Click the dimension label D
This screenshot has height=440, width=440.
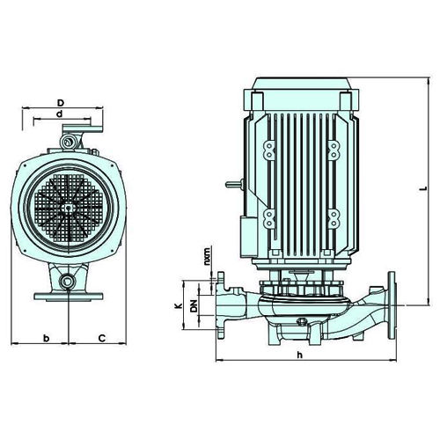(60, 103)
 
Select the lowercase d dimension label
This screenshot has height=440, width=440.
(60, 114)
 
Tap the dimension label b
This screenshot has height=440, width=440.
(46, 338)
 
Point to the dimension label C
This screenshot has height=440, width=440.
(101, 338)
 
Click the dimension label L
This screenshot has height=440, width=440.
(422, 188)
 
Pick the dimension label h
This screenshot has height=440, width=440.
(299, 355)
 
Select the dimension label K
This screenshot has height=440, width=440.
(178, 305)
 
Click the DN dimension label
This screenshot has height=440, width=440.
(194, 305)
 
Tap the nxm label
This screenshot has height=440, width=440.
(207, 257)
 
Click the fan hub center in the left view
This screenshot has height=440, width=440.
(68, 208)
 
